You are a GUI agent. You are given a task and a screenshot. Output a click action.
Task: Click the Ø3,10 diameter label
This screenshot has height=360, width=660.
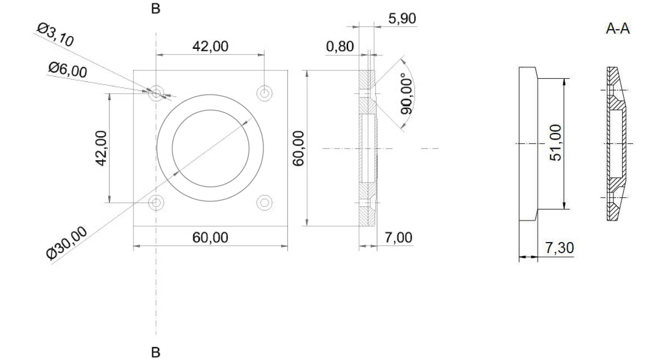pos(55,36)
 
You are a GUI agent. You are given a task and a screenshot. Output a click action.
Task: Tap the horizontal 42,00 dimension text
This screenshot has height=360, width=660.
pos(210,47)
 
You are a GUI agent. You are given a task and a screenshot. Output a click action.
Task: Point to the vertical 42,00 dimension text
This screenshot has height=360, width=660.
pos(102,148)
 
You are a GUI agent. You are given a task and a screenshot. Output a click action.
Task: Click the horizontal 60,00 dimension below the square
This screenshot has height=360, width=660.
pos(210,238)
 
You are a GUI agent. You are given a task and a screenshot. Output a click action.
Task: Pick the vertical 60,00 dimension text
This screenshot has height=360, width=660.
pos(299,148)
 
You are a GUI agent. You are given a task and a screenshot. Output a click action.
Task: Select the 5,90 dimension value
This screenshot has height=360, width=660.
pos(402,19)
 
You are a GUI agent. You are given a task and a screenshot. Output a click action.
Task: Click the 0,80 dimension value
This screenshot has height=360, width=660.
pos(340,47)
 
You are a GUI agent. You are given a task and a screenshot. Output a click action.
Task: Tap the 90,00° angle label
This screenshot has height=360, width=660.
pos(407,94)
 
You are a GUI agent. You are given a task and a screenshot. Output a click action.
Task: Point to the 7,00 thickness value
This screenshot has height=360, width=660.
pos(398,238)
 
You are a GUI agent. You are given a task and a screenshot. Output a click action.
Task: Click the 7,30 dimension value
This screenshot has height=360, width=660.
pos(559,248)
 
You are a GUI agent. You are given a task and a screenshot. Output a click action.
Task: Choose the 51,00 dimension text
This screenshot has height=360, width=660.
pos(556,143)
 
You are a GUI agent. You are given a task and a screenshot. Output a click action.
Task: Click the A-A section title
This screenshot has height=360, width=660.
pos(618,29)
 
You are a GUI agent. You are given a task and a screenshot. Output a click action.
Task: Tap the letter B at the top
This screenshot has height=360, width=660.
pos(156,9)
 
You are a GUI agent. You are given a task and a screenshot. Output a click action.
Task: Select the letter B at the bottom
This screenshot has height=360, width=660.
pos(156,353)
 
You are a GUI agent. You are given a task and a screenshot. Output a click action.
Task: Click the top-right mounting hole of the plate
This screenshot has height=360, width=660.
pos(264,93)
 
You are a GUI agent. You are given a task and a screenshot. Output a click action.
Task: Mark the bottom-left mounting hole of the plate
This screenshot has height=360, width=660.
pos(156,202)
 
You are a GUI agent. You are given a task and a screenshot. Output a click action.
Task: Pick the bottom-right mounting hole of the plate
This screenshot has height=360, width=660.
pos(264,202)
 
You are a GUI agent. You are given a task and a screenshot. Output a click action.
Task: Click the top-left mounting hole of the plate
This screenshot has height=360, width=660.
pos(156,93)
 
